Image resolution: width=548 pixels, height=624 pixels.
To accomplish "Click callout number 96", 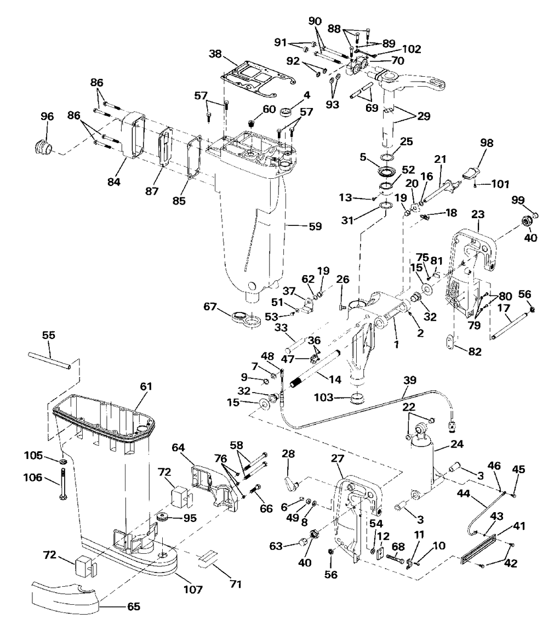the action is (x=47, y=116).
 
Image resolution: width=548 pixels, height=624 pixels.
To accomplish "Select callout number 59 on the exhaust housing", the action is (x=315, y=226).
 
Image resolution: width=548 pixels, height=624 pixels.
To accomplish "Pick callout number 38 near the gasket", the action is (x=215, y=54).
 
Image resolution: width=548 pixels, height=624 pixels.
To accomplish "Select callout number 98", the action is (x=487, y=143).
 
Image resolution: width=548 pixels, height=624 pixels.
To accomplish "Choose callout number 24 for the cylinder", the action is (x=456, y=444).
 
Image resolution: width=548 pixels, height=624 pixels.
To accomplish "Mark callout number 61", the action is (x=146, y=386).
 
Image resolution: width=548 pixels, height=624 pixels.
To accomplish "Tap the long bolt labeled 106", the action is (x=63, y=484).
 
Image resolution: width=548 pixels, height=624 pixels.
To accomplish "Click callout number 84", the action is (x=114, y=181).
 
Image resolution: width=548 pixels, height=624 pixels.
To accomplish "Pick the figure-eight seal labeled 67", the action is (x=246, y=320).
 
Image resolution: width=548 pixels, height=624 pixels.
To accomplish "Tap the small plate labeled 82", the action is (x=449, y=342).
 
